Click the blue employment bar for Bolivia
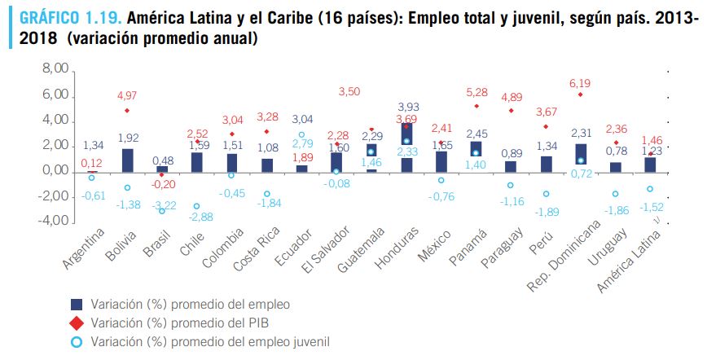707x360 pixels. click(128, 160)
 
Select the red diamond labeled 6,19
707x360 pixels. click(580, 94)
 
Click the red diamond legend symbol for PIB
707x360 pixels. click(77, 323)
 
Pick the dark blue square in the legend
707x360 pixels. click(77, 304)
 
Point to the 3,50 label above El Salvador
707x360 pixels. click(348, 91)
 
